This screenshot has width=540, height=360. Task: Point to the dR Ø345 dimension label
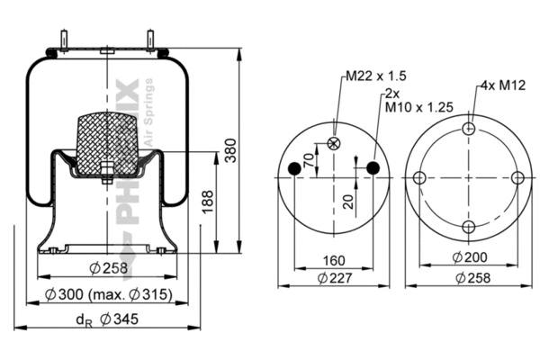tap(106, 318)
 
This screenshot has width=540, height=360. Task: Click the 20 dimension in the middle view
tap(346, 201)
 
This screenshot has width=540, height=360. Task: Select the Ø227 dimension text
tap(334, 279)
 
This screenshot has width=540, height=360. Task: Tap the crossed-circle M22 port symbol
tap(335, 143)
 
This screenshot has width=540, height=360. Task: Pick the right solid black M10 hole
tap(372, 169)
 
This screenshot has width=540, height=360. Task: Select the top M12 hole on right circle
tap(468, 129)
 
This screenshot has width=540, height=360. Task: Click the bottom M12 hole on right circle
tap(468, 227)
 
